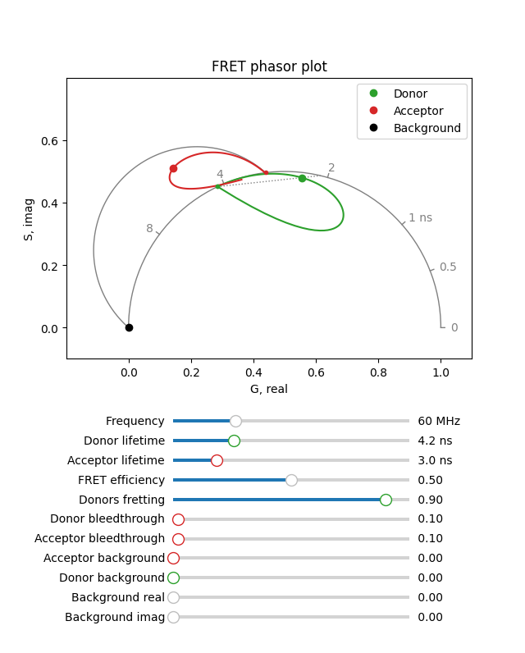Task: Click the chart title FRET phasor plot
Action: click(x=269, y=67)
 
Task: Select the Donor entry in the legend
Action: click(x=410, y=94)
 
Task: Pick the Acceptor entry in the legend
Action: click(x=418, y=111)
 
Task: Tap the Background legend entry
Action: click(x=427, y=128)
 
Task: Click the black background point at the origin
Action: click(x=129, y=327)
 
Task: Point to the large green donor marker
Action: click(x=302, y=178)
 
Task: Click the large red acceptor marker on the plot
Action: click(x=173, y=168)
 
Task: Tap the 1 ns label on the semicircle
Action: click(x=420, y=218)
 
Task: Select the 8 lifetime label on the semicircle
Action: click(x=149, y=229)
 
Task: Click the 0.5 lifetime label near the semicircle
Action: click(x=448, y=267)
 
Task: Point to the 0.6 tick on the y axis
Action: click(x=49, y=141)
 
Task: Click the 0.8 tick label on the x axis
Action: click(x=378, y=372)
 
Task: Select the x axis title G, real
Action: click(x=269, y=389)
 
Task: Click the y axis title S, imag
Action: click(x=29, y=219)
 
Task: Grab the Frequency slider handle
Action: click(x=235, y=421)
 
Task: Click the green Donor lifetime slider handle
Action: click(x=234, y=441)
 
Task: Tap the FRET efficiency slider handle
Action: click(x=291, y=480)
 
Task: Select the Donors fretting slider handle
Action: click(x=386, y=500)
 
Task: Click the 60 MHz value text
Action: click(x=439, y=421)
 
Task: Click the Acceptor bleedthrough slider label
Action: click(x=99, y=539)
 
